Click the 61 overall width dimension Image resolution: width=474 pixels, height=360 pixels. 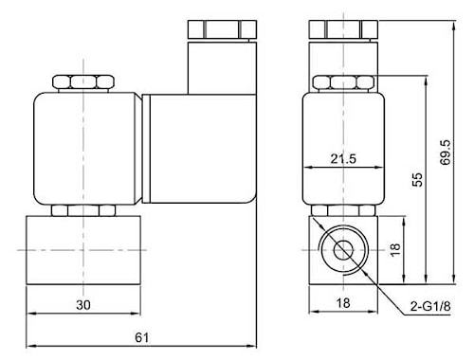click(141, 337)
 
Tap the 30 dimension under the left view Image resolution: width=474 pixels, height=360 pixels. click(83, 305)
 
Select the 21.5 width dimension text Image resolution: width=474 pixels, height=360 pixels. click(343, 158)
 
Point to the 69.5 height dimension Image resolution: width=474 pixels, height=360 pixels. click(446, 152)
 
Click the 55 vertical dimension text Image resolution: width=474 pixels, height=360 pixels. click(417, 179)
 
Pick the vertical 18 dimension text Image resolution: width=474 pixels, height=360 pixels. click(395, 249)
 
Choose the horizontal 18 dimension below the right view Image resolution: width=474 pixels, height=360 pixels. click(343, 303)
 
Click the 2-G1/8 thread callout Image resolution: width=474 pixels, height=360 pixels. click(430, 306)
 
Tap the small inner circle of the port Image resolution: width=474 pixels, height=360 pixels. click(343, 250)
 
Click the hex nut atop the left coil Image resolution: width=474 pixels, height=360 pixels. click(83, 82)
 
